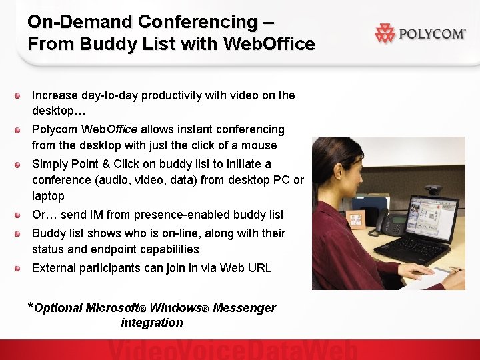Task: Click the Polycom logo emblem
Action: click(385, 33)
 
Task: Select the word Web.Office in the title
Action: click(270, 44)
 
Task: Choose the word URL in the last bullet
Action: click(259, 268)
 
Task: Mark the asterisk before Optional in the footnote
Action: click(30, 307)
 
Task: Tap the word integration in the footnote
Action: click(151, 323)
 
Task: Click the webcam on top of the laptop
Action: click(433, 190)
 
